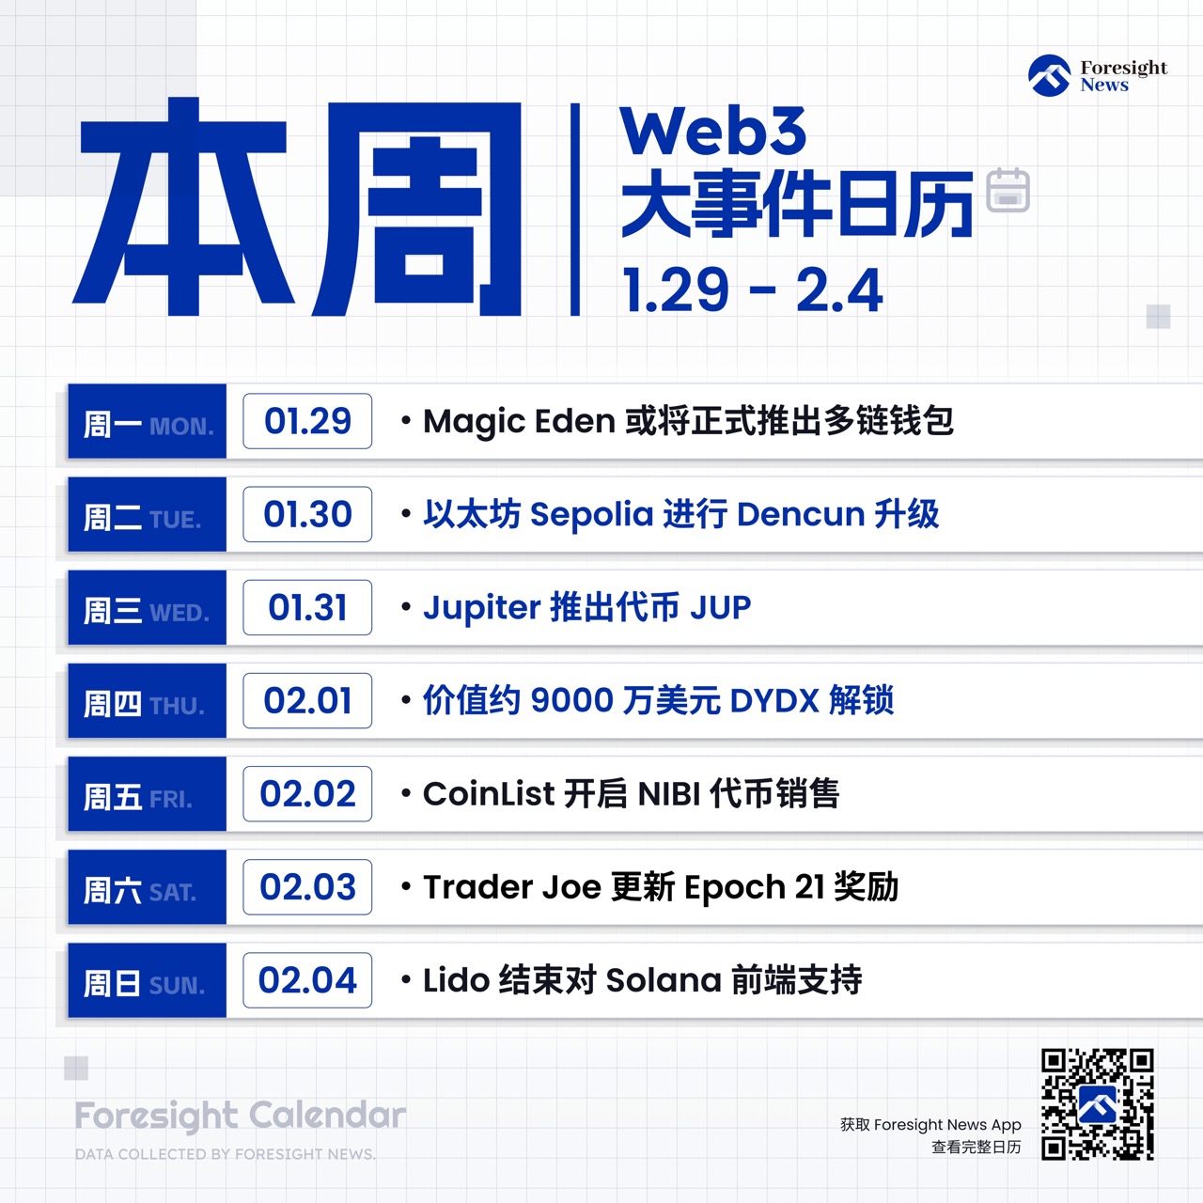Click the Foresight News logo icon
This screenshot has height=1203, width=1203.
[x=1049, y=75]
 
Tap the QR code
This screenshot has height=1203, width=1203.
[x=1097, y=1104]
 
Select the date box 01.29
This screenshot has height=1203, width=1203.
[x=307, y=421]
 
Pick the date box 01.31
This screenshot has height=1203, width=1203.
[x=307, y=607]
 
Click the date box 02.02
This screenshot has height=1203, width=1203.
[x=307, y=793]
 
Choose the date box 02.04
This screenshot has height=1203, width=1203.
[x=307, y=980]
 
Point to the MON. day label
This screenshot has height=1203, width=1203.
[x=181, y=427]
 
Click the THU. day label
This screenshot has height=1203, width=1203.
[x=178, y=706]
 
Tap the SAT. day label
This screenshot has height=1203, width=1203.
[x=173, y=892]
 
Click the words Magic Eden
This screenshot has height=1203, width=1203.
[x=519, y=421]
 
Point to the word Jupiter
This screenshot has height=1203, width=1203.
[x=481, y=608]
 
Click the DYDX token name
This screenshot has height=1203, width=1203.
[x=774, y=700]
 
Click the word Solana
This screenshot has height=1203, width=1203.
[x=663, y=980]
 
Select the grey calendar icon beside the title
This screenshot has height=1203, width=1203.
[x=1008, y=190]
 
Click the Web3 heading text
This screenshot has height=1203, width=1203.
[x=713, y=131]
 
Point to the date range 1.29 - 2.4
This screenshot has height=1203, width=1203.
[x=753, y=289]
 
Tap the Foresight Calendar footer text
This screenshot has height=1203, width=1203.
[x=241, y=1116]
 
